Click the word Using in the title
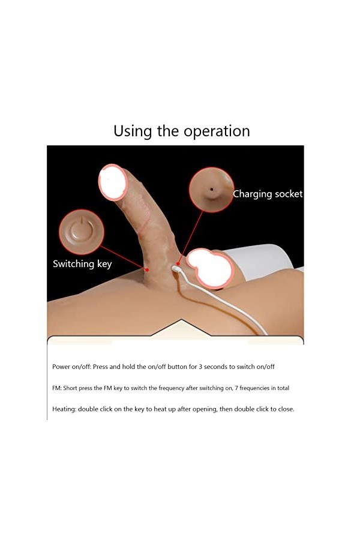[133, 131]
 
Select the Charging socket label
[268, 194]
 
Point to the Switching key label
[82, 263]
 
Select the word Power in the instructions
[61, 366]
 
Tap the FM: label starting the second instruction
[57, 388]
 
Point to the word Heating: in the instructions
[64, 409]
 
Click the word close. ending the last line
[285, 409]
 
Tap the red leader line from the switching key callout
[123, 256]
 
